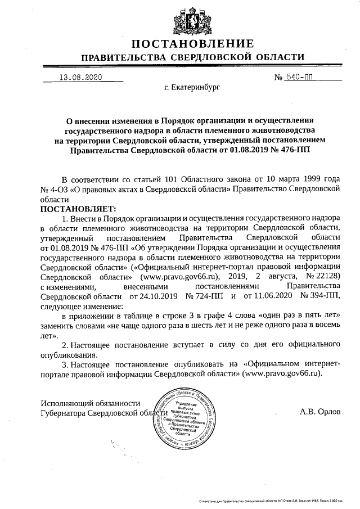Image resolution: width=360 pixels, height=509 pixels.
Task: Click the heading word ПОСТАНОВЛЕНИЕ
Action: (193, 44)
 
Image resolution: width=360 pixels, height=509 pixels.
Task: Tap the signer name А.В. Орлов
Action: (320, 411)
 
